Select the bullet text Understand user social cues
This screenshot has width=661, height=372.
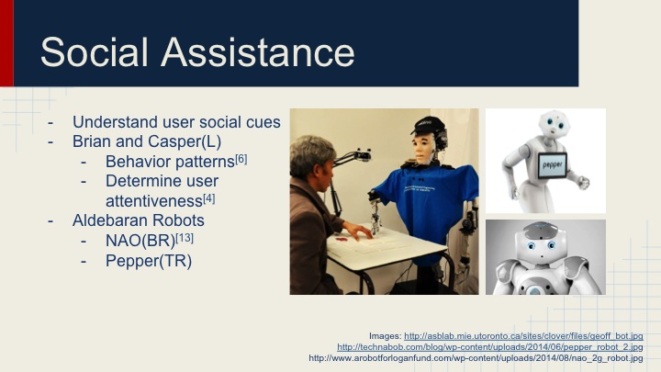pos(176,122)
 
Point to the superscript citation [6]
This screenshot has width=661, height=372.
pos(241,158)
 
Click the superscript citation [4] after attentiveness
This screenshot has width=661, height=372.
pos(208,198)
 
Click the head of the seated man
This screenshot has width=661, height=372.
pos(313,157)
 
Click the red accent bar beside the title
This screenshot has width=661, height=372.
pos(6,43)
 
